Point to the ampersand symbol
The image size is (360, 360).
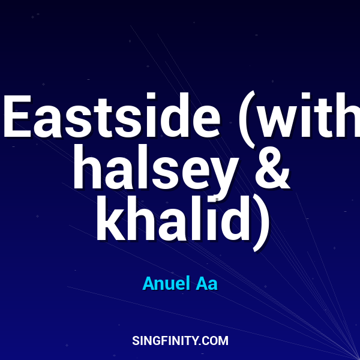pyautogui.click(x=271, y=169)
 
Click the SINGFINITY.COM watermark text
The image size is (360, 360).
pyautogui.click(x=180, y=341)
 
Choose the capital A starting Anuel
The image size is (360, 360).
pyautogui.click(x=148, y=283)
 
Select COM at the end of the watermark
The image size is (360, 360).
pyautogui.click(x=216, y=341)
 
